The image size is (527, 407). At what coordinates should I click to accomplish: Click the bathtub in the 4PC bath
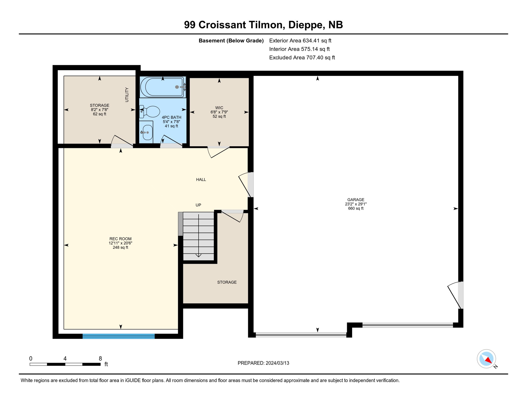pos(162,87)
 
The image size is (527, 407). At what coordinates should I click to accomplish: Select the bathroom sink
pos(147,132)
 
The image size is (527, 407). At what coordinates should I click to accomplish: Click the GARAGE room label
pos(356,200)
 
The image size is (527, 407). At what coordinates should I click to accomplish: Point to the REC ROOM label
pos(120,239)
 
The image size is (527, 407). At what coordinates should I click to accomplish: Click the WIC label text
pos(219,108)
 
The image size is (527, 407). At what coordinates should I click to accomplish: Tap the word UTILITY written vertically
pos(127,95)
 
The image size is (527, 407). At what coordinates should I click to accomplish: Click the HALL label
pos(201,180)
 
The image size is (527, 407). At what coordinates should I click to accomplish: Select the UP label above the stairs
pos(198,205)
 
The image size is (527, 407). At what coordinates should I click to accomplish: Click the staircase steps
pos(198,236)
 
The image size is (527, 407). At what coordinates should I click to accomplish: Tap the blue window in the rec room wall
pos(118,336)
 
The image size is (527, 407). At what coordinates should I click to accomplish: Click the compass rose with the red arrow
pos(486,359)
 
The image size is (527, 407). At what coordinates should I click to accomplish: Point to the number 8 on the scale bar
pos(100,359)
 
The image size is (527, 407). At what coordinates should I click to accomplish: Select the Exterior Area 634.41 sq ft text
pos(300,41)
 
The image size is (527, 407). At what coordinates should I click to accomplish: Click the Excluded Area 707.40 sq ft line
pos(302,57)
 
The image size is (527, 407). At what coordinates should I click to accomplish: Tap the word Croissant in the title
pos(222,25)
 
